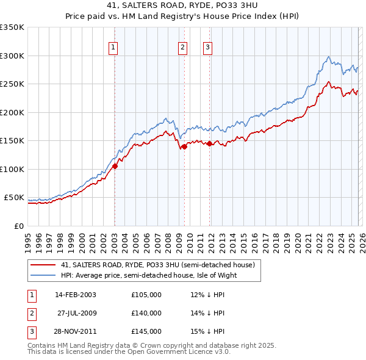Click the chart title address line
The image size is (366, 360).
coord(183,6)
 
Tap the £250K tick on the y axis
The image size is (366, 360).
coord(12,84)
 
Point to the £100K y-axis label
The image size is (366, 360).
coord(12,169)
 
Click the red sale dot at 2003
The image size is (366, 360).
coord(115,166)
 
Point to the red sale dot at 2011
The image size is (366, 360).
coord(210,143)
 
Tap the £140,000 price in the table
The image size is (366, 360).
coord(146,313)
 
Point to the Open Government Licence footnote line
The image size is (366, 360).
coord(129,352)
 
